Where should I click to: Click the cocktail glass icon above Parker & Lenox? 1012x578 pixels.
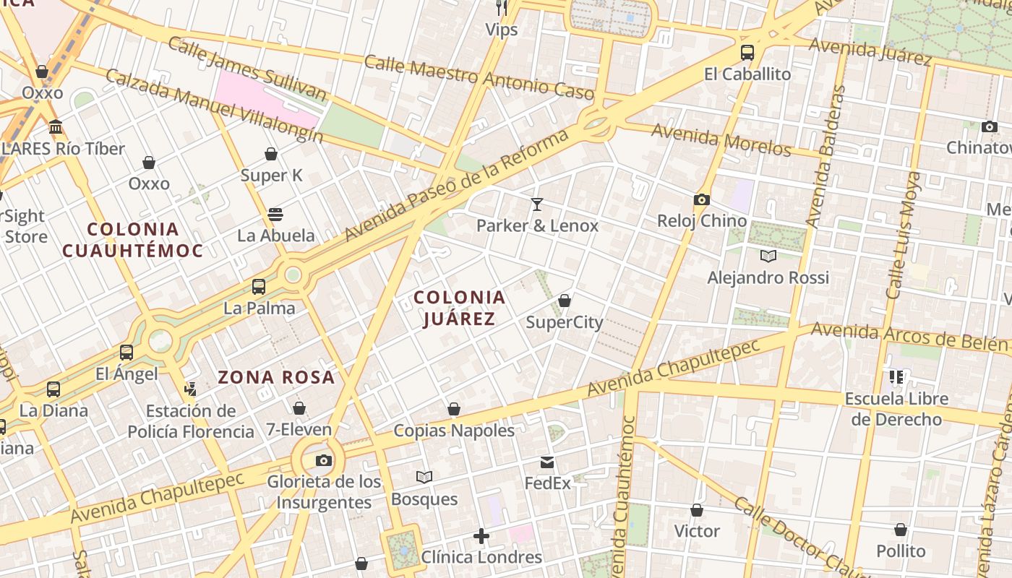(x=536, y=204)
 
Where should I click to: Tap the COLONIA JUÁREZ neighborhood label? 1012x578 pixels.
(x=459, y=308)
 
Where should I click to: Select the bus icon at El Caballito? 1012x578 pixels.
(x=747, y=53)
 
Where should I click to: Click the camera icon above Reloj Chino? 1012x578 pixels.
(x=701, y=200)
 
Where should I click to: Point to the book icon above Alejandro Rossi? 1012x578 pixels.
(x=768, y=256)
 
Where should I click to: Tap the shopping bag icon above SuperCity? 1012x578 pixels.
(x=565, y=301)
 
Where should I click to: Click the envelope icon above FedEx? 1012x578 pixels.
(x=547, y=462)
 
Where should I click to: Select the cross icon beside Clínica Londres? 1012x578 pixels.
(x=481, y=536)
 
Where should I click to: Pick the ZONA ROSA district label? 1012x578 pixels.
(x=277, y=377)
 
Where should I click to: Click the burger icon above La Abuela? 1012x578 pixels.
(x=275, y=214)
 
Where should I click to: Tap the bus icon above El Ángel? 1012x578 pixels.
(x=126, y=353)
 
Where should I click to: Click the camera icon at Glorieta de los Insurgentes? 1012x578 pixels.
(x=324, y=460)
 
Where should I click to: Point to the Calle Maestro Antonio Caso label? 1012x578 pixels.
(x=479, y=77)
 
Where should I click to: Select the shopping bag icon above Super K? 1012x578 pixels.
(x=271, y=154)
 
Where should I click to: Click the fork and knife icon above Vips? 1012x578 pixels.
(x=502, y=8)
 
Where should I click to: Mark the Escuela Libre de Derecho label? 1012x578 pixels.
(x=896, y=409)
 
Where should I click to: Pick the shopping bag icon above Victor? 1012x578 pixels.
(x=697, y=511)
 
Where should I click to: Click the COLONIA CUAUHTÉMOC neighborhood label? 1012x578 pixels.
(x=133, y=240)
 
